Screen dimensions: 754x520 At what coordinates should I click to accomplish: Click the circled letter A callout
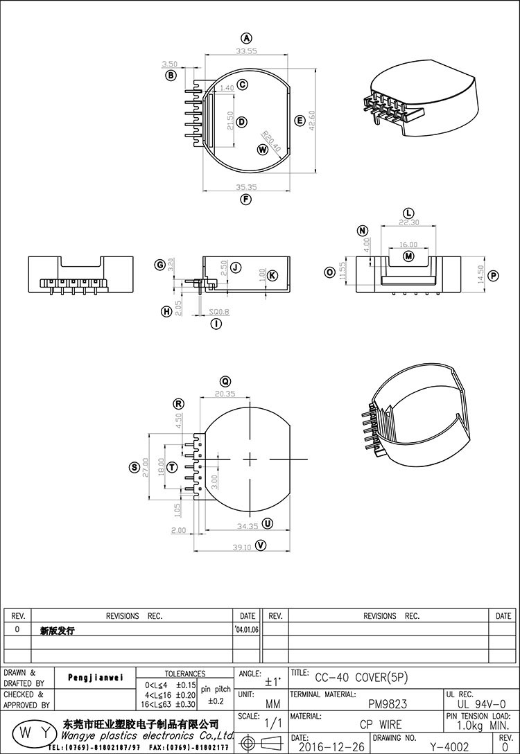click(x=246, y=38)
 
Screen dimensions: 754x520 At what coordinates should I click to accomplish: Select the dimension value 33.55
click(x=246, y=51)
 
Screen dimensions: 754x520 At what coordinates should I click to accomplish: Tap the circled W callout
click(x=262, y=149)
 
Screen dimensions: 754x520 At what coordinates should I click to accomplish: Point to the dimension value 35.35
click(x=246, y=187)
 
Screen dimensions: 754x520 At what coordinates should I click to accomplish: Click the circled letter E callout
click(x=300, y=121)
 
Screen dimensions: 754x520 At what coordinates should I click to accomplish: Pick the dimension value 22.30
click(x=409, y=222)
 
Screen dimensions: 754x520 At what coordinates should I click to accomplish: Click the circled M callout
click(x=409, y=256)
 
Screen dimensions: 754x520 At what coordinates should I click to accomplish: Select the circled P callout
click(x=493, y=275)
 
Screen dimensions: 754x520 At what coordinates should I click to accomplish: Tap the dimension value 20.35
click(x=225, y=394)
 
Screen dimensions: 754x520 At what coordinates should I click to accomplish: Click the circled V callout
click(x=261, y=545)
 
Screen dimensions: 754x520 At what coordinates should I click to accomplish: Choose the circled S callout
click(x=135, y=467)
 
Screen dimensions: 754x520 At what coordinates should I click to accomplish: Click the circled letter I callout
click(x=216, y=324)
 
